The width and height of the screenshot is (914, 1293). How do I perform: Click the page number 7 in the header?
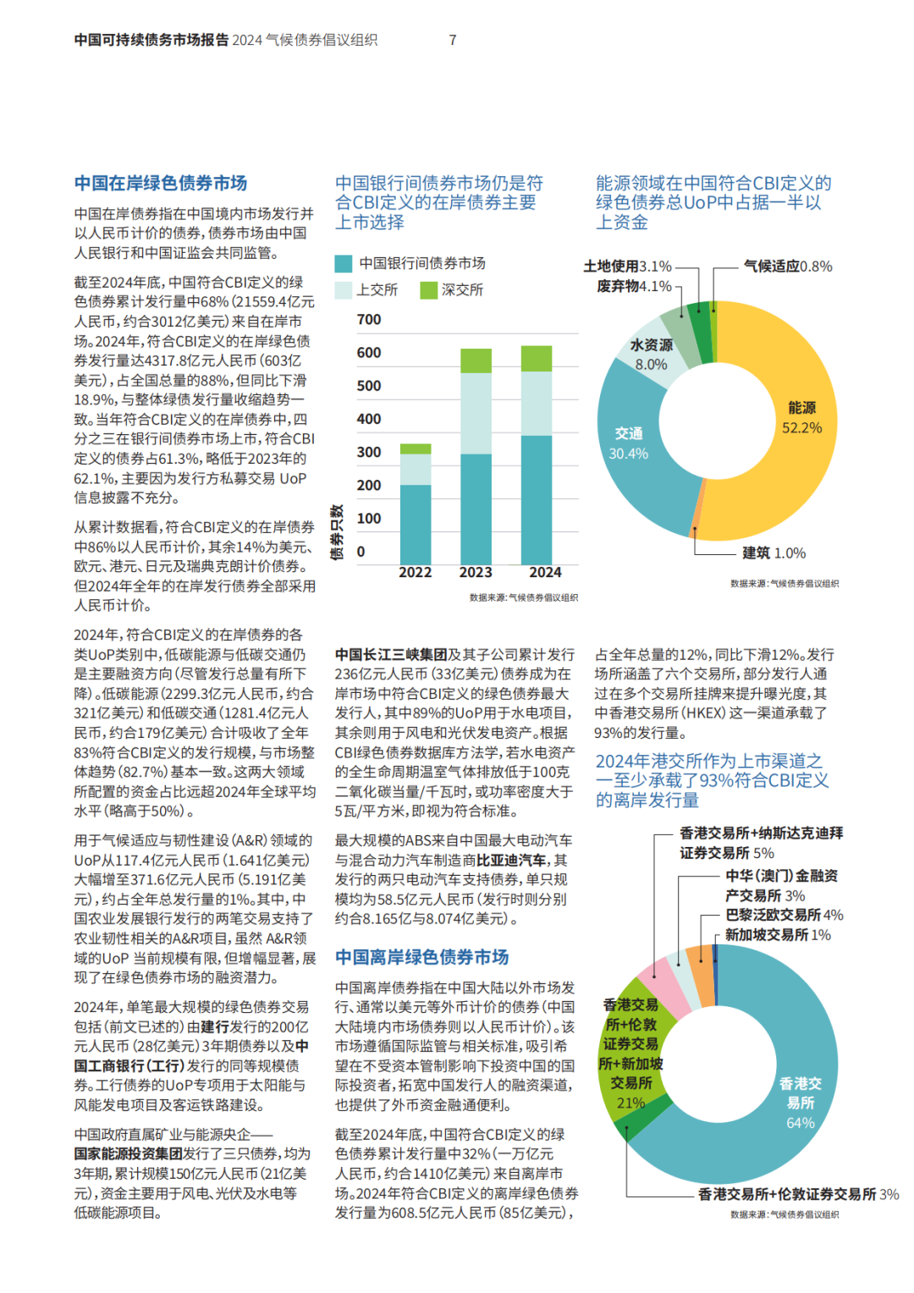pos(453,40)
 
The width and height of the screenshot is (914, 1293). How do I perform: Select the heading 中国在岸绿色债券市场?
pos(161,183)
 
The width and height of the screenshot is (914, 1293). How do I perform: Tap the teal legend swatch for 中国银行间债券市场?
pos(343,264)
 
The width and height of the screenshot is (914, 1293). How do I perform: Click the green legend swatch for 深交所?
pos(428,289)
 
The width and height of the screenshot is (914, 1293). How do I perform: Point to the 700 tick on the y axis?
pos(369,319)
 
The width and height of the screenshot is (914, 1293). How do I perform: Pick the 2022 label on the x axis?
pos(416,572)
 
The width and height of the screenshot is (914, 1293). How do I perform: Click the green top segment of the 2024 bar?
pos(537,359)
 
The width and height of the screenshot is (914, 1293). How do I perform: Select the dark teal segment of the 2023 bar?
pos(476,509)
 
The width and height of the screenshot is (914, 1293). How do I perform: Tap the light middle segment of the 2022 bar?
pos(416,470)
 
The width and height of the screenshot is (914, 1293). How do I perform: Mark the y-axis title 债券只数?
pos(337,532)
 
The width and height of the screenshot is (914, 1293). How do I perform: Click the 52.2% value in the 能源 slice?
pos(801,427)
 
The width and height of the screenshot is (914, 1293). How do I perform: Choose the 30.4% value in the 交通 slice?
pos(628,454)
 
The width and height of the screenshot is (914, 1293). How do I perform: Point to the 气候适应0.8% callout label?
pos(788,267)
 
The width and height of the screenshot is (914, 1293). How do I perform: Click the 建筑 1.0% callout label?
pos(774,553)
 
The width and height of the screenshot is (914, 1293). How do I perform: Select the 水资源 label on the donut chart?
pos(652,345)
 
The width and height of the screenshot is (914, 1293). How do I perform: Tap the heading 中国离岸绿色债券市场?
pos(421,957)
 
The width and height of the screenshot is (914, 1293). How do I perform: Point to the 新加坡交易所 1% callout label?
pos(778,934)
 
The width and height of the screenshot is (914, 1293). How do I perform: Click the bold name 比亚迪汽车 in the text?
pos(510,860)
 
